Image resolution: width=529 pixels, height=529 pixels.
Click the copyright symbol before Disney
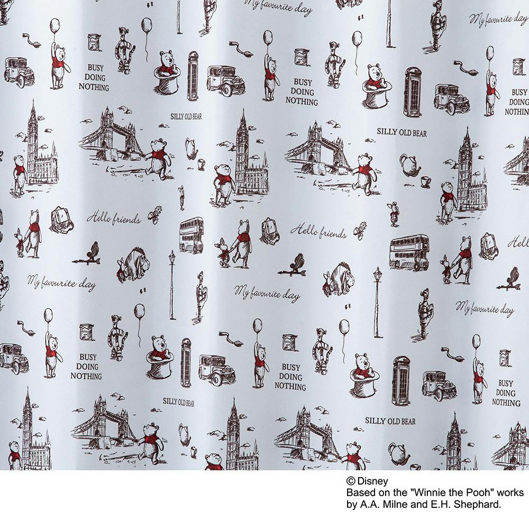click(x=351, y=481)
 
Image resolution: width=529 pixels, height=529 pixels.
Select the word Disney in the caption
click(x=372, y=481)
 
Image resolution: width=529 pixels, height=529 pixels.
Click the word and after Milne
click(x=416, y=504)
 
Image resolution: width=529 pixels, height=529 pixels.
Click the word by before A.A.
click(x=352, y=505)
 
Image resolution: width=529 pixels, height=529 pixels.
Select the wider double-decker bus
click(x=409, y=253)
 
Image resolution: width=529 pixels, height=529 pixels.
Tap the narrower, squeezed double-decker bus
click(x=191, y=235)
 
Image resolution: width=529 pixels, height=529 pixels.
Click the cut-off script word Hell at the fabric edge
click(x=518, y=242)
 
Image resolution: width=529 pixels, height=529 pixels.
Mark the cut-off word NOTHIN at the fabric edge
click(x=517, y=112)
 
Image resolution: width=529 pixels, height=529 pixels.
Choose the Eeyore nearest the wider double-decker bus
click(x=338, y=279)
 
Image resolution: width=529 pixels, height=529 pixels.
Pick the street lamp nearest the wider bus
click(x=378, y=302)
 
